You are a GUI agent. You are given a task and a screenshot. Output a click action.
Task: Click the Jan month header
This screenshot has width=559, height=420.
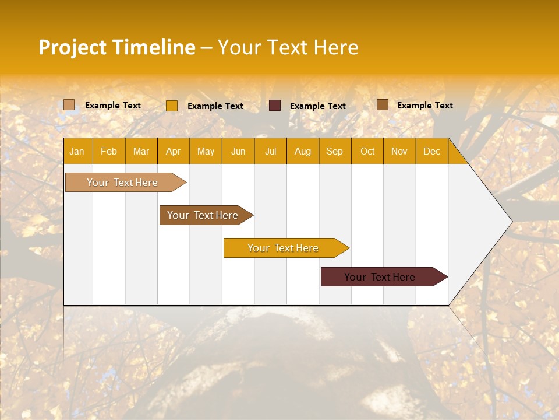click(x=77, y=151)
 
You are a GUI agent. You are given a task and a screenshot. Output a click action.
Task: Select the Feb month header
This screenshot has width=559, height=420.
click(x=109, y=151)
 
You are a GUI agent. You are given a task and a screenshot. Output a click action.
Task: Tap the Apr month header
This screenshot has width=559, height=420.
click(x=174, y=151)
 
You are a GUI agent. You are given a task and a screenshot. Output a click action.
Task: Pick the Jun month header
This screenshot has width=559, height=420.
click(x=238, y=151)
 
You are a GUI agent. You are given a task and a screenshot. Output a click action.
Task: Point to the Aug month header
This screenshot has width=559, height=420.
click(x=303, y=151)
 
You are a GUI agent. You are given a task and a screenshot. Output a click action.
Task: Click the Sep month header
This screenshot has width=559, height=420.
click(x=334, y=151)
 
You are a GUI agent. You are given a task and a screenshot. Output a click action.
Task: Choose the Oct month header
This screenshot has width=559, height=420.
click(x=367, y=151)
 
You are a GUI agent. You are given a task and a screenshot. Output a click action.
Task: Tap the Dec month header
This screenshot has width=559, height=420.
click(x=432, y=151)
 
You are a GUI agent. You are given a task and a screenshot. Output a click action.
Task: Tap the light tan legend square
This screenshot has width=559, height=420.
click(x=69, y=105)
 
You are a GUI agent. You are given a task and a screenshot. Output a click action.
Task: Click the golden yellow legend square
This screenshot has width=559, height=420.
click(x=171, y=106)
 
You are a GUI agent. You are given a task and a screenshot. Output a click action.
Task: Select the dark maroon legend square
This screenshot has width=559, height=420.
click(x=275, y=106)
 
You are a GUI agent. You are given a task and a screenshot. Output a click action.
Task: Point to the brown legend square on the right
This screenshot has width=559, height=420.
click(x=382, y=105)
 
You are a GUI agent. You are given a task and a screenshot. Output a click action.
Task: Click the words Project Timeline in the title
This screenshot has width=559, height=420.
click(x=116, y=47)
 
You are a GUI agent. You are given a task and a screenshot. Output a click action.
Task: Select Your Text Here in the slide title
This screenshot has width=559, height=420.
click(x=288, y=47)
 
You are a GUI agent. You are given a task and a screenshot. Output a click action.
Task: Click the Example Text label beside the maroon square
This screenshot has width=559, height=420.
click(x=317, y=106)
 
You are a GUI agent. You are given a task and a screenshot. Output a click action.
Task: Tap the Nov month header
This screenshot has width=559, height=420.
click(x=399, y=151)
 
